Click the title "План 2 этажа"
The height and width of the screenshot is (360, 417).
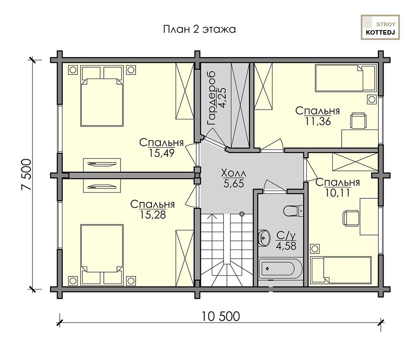[x=200, y=29]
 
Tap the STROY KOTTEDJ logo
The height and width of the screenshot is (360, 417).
[x=380, y=27]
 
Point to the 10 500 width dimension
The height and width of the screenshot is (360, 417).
[x=220, y=316]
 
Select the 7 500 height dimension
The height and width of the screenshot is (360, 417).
[x=26, y=175]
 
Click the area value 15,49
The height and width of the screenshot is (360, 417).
[x=161, y=153]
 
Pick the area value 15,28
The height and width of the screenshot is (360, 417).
[x=153, y=215]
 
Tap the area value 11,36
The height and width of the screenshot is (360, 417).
[x=318, y=121]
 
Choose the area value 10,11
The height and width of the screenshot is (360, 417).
[x=338, y=193]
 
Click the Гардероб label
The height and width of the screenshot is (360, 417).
[x=211, y=99]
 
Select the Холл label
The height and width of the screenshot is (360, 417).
[x=233, y=173]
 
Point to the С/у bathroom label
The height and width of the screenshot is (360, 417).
[x=286, y=235]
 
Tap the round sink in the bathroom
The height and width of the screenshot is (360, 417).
[x=264, y=237]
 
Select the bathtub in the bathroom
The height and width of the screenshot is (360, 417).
[x=281, y=269]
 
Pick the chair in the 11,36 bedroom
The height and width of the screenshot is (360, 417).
[x=358, y=121]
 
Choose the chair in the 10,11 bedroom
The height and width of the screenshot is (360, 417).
[x=351, y=218]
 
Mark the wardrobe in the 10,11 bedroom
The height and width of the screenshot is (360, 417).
[x=355, y=162]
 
